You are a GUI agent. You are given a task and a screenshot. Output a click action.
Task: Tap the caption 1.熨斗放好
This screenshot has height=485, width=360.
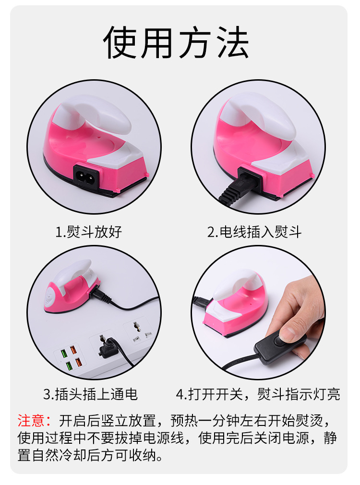89,232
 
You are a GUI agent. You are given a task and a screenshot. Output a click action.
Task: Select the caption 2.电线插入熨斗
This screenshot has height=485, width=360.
254,232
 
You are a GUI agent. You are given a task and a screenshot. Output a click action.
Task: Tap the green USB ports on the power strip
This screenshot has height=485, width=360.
64,360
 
